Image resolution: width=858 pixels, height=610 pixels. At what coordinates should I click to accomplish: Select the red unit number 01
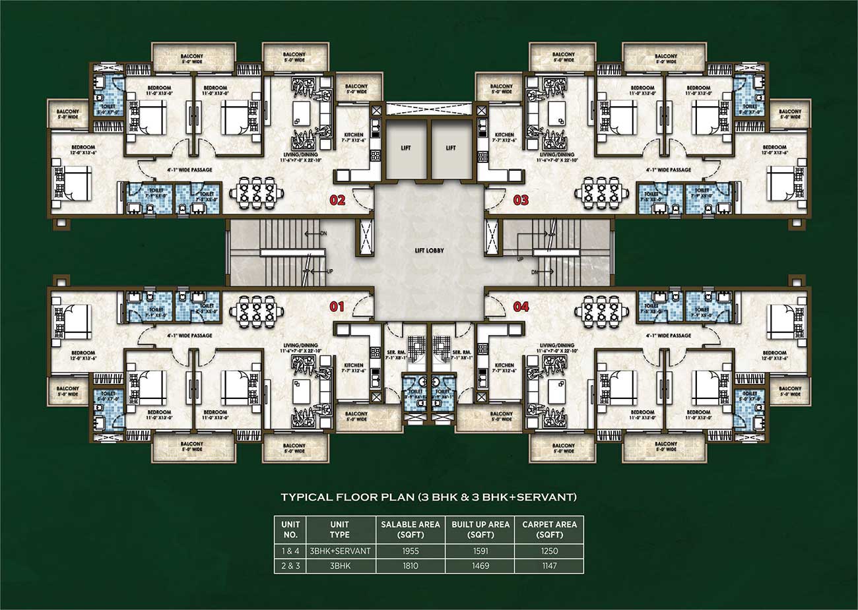tap(337, 306)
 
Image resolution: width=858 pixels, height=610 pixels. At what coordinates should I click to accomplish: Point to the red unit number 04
tap(521, 306)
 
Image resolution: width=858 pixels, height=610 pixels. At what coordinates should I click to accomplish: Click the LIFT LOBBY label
tap(429, 251)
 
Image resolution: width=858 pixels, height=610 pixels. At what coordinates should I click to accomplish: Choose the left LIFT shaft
tap(405, 148)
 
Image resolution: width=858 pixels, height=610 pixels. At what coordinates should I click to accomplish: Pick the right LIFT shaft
tap(451, 148)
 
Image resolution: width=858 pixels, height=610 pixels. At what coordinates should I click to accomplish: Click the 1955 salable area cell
tap(410, 551)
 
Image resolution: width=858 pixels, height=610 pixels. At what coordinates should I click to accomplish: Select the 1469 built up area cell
tap(480, 566)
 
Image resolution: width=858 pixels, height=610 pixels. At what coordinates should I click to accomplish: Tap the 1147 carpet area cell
tap(549, 566)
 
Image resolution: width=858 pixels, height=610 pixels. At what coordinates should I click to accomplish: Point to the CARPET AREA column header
tap(549, 529)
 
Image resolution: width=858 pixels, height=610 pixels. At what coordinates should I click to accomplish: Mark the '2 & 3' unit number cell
tap(290, 566)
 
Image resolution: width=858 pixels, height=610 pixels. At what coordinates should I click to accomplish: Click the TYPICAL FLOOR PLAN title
tap(429, 497)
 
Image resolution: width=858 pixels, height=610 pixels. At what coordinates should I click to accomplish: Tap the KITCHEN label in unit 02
tap(354, 137)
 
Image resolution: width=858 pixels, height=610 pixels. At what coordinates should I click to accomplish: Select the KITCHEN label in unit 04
tap(504, 368)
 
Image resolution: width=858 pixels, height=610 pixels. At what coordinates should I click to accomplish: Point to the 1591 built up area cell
tap(480, 551)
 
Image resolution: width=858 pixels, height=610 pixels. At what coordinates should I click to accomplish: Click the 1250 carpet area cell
tap(549, 551)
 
